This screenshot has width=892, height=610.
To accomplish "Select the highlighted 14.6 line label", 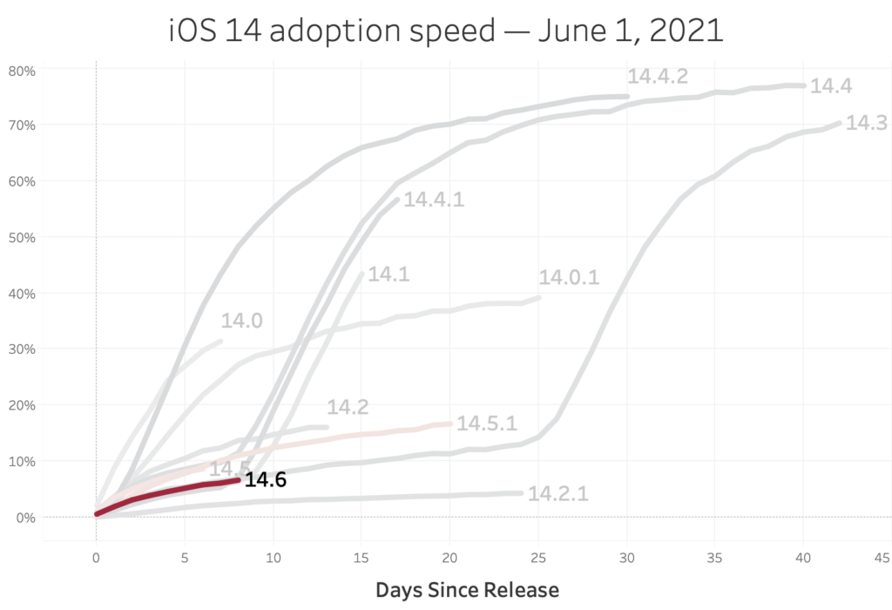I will [x=265, y=479].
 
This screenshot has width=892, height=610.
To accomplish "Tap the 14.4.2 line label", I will [x=658, y=76].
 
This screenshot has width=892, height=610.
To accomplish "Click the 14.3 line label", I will [x=866, y=123].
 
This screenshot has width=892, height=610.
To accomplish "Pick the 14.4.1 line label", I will [x=434, y=200].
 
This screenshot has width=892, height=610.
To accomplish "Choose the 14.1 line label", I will [x=389, y=274].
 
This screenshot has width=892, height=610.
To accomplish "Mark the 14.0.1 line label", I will [x=570, y=278].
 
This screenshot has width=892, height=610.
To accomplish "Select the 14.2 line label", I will [x=348, y=407].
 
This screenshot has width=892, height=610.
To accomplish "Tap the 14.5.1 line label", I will [x=487, y=424].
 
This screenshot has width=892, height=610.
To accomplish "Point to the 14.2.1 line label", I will [x=558, y=493].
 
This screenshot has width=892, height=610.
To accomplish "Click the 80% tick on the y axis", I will [x=21, y=69].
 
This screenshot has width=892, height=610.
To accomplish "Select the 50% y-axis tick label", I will [x=21, y=237].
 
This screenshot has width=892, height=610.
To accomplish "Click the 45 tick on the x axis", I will [x=882, y=557].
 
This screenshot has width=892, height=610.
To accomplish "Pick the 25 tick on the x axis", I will [x=537, y=557].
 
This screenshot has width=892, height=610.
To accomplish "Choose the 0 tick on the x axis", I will [x=96, y=557].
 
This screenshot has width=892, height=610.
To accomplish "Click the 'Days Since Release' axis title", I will [x=467, y=590].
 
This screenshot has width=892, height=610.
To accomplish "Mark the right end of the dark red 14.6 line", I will [x=238, y=479].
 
